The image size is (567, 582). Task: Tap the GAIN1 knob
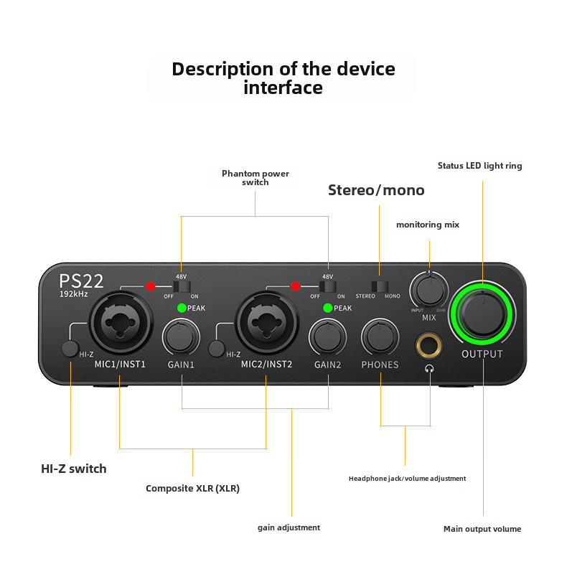coord(182,336)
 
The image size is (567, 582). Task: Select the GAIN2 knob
coord(327,336)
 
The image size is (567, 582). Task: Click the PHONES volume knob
coord(380,336)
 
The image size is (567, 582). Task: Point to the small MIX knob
coord(428,291)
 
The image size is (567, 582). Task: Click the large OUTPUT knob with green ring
coord(482,310)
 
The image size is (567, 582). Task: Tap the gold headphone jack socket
coord(429,345)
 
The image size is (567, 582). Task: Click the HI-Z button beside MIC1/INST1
coord(70,349)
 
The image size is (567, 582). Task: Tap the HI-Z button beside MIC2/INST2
coord(216,349)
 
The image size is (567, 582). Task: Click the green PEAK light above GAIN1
coord(182,308)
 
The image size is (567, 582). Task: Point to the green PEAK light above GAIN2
coord(328,308)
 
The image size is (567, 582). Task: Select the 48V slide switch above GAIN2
coord(328,286)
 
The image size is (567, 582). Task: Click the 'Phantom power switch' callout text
coord(256,178)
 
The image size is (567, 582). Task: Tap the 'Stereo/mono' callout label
coord(376,190)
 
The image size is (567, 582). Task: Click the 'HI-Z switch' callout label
coord(74,469)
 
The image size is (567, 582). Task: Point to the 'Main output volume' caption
coord(482,529)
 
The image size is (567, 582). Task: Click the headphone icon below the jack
coord(429,369)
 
